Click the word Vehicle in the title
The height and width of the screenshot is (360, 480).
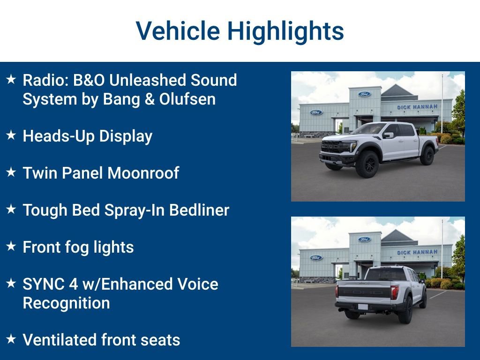178,31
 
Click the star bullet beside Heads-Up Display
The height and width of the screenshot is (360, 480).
11,135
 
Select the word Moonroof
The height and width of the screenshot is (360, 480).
143,173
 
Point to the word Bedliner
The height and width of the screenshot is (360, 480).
199,210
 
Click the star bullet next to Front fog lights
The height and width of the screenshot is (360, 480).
11,246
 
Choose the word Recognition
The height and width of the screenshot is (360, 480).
67,303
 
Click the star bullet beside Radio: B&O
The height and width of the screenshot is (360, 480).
11,79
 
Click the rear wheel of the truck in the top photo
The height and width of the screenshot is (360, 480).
427,156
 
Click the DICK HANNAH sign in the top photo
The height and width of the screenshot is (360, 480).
417,107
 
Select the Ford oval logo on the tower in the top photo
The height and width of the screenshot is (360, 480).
364,94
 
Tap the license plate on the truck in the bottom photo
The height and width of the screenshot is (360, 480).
363,307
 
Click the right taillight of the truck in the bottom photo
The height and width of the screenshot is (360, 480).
394,292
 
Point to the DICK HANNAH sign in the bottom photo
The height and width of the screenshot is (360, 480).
417,253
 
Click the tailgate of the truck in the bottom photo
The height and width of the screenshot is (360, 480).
364,292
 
